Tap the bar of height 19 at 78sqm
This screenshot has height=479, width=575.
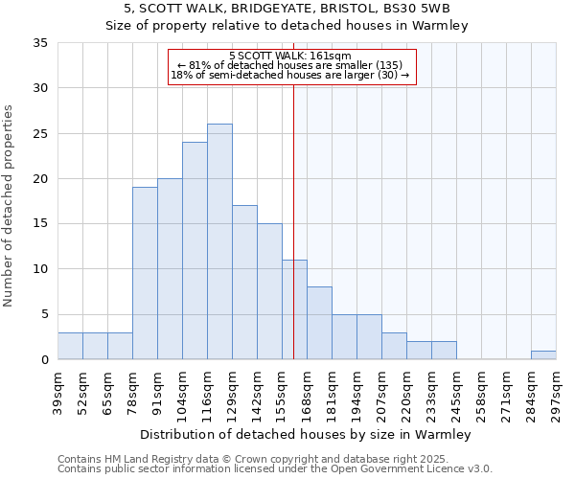(x=145, y=273)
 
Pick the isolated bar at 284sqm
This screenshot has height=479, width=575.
(x=543, y=355)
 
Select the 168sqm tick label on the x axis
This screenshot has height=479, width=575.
(x=307, y=392)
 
